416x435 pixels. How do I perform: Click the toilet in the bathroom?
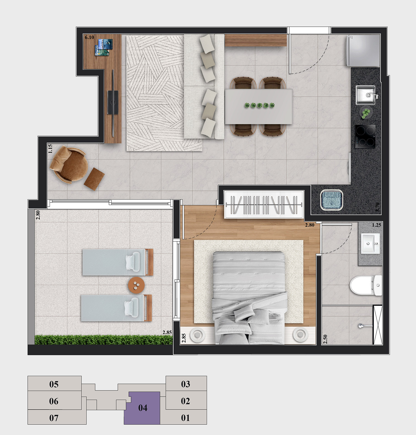click(x=366, y=285)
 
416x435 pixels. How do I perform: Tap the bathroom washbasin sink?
click(x=370, y=243)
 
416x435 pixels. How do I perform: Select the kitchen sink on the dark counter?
click(x=366, y=95)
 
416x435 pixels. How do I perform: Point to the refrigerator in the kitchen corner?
click(x=363, y=51)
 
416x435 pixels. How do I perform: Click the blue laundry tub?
click(x=332, y=200)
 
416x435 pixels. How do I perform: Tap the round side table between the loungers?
click(x=136, y=285)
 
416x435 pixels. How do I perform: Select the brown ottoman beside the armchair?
click(x=94, y=179)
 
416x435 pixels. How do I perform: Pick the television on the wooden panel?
click(x=113, y=102)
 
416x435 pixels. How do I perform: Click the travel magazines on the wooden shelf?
click(x=104, y=47)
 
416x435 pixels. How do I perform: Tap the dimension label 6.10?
click(x=89, y=37)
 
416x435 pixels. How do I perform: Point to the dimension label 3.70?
click(x=377, y=207)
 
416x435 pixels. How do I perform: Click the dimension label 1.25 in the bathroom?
click(x=376, y=225)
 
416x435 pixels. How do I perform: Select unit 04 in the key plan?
click(x=143, y=408)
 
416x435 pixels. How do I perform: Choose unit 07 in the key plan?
click(x=54, y=418)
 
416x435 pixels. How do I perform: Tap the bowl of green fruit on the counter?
click(x=366, y=113)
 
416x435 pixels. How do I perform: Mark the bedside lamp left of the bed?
click(x=197, y=335)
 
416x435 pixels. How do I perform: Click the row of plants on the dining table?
click(x=260, y=105)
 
